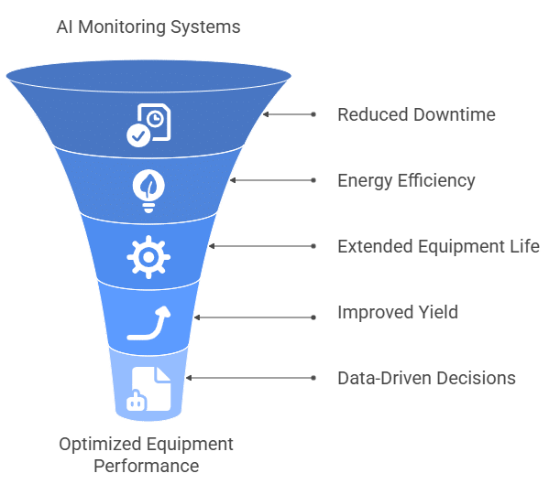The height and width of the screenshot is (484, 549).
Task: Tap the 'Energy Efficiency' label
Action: pos(406,180)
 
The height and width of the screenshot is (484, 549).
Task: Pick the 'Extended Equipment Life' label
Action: pos(438,247)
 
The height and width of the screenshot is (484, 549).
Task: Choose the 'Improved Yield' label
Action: pos(398,313)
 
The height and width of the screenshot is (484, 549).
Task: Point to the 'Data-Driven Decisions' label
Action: pos(426,378)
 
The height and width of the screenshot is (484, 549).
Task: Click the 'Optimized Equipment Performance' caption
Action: pos(146,455)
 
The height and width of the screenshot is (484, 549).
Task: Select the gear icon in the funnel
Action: pos(147,257)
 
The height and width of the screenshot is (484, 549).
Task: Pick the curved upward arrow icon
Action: pos(149,323)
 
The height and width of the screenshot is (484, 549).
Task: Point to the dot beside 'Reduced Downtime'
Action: pos(314,115)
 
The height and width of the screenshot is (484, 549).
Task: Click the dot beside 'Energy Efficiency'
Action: pos(314,180)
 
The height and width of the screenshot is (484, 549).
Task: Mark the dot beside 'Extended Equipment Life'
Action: pos(314,247)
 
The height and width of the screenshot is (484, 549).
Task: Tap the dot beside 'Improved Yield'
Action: pos(314,313)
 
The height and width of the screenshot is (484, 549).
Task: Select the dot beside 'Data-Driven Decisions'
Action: pos(314,378)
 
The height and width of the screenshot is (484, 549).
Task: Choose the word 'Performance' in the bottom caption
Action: pos(146,466)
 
